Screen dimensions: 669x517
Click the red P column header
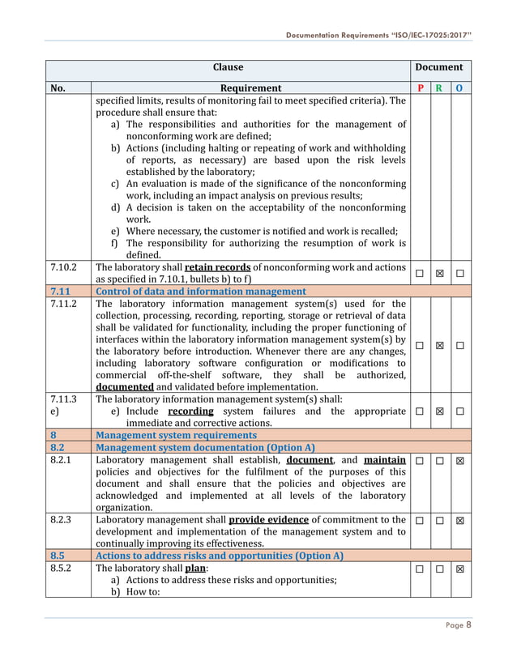[420, 88]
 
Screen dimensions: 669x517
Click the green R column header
[440, 88]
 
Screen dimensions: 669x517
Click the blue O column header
[460, 88]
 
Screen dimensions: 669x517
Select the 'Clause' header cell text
[228, 67]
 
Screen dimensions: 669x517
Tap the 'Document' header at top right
[440, 67]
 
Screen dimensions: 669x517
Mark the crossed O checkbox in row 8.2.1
[460, 461]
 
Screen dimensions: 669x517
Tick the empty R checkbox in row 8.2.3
[440, 520]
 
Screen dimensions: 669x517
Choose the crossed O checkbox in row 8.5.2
[460, 569]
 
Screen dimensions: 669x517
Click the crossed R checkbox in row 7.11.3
[440, 411]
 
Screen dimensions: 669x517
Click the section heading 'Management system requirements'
[176, 435]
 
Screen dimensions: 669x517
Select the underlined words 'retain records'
[216, 266]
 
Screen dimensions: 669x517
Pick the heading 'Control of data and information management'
[201, 292]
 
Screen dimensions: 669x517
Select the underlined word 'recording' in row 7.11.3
[191, 411]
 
